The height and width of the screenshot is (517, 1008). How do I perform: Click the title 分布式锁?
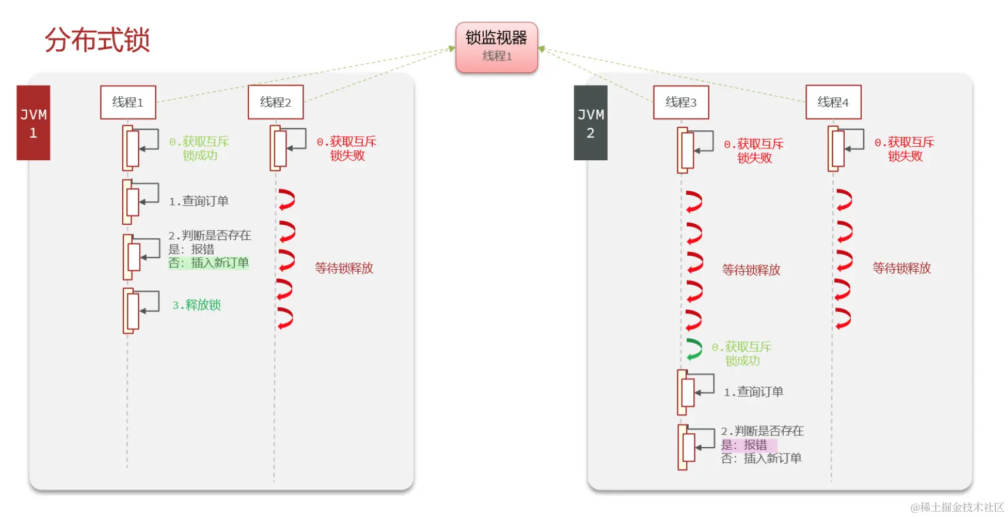97,40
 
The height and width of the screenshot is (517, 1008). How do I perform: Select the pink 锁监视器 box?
497,47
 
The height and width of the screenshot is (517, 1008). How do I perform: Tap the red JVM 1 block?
33,123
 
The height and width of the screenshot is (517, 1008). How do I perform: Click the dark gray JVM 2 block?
590,123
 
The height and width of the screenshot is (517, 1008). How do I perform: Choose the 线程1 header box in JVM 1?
128,102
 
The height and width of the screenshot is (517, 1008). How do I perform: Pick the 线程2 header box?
275,102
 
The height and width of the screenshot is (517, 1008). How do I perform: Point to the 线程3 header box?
681,102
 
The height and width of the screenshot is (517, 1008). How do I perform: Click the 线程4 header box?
833,102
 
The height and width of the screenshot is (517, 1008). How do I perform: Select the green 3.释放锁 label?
197,305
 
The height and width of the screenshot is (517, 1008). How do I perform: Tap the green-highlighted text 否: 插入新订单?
208,263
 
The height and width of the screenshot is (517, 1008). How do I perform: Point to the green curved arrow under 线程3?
695,349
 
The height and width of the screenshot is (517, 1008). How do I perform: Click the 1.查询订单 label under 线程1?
199,201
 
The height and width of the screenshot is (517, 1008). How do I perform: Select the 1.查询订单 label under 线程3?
754,391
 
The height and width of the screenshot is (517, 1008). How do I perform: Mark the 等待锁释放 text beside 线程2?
344,268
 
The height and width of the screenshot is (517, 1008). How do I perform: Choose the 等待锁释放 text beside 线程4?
902,268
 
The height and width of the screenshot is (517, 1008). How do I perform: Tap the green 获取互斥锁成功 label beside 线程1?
200,148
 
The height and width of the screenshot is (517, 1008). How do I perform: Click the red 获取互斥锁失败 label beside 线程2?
347,148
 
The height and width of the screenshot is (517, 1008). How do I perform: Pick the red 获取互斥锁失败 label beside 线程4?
905,149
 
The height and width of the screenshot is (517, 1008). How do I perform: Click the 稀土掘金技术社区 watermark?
958,507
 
